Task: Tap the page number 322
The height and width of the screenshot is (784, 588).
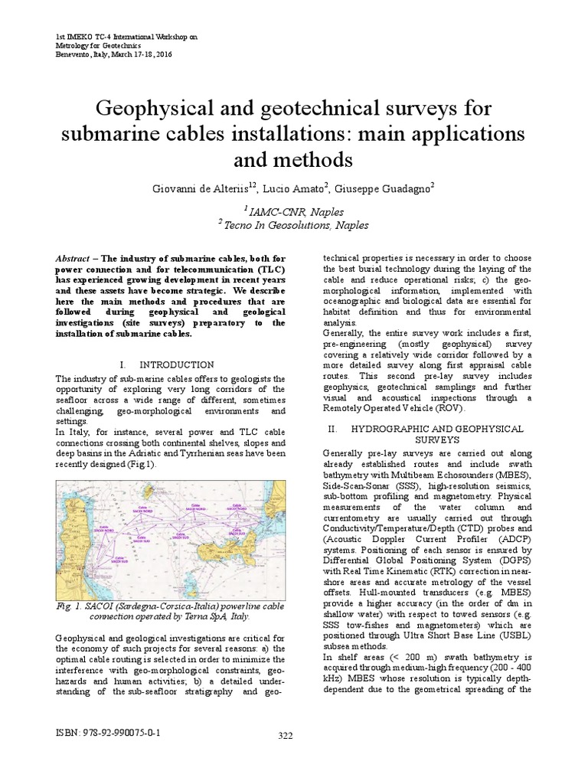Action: (286, 737)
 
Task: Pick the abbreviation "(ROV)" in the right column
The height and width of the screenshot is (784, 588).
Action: (450, 408)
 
